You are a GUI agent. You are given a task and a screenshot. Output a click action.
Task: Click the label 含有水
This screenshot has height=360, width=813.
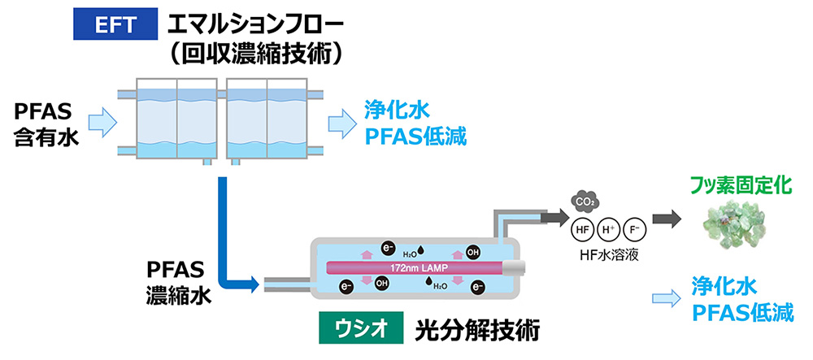click(x=45, y=137)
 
